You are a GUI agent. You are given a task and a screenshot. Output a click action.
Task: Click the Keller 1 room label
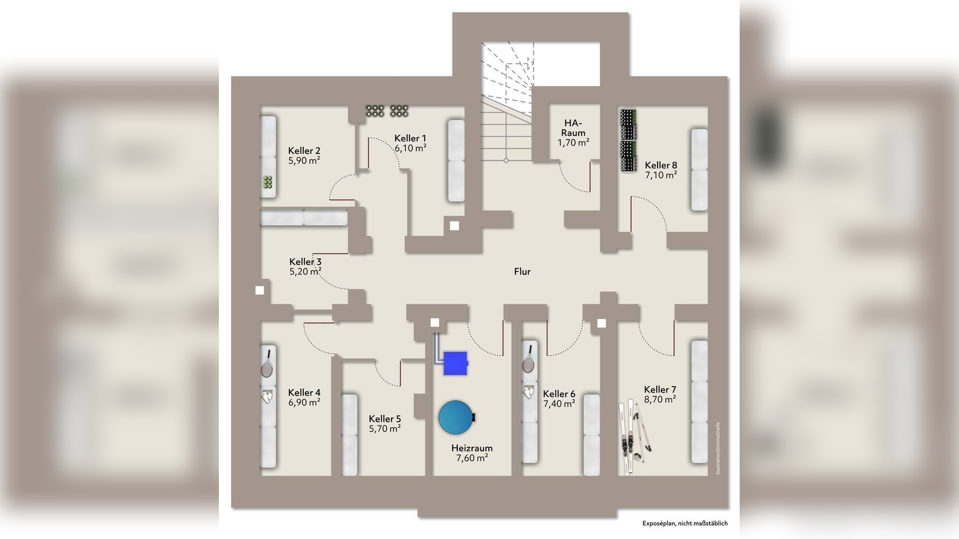click(410, 138)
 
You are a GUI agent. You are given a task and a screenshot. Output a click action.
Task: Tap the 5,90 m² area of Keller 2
click(304, 160)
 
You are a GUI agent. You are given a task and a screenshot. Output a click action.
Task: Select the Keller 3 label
click(305, 262)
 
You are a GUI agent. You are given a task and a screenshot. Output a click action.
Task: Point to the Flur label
click(522, 272)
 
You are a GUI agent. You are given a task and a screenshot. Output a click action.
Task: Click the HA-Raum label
click(573, 128)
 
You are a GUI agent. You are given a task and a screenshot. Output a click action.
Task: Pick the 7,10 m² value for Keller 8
click(661, 175)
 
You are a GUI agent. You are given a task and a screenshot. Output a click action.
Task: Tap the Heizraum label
click(472, 448)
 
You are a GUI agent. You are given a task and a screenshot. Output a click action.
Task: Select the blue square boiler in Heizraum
click(455, 363)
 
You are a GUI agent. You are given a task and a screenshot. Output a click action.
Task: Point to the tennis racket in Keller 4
click(267, 364)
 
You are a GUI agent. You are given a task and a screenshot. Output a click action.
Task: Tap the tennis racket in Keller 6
click(529, 359)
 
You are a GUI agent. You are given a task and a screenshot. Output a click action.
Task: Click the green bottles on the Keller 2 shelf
click(268, 182)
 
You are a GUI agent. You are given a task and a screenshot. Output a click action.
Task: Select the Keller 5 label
click(385, 419)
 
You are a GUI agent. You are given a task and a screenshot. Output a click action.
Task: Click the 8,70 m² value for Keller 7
click(660, 399)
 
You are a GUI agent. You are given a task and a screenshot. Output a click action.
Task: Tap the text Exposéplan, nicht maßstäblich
click(685, 523)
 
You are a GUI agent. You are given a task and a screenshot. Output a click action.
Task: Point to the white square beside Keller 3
click(260, 291)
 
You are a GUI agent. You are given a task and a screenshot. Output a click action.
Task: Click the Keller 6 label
click(559, 394)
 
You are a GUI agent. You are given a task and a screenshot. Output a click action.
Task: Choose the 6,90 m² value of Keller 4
click(304, 402)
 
